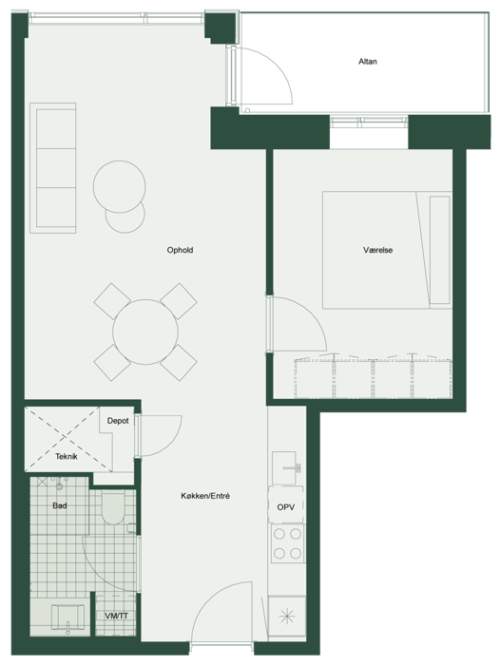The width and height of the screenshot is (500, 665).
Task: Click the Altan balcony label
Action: coord(368,62)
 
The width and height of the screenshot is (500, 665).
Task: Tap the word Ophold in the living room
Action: coord(180,250)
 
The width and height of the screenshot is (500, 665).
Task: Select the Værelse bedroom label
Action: coord(377,250)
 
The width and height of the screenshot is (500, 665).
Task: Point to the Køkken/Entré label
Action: coord(205,496)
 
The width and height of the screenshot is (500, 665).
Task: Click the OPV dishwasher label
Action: coord(286,507)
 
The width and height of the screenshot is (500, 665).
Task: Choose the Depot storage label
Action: coord(118,421)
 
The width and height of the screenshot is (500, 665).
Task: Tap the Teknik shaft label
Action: coord(67,457)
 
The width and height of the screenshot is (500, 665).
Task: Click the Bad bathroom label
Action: coord(60,505)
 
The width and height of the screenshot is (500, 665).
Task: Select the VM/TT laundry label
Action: coord(116,616)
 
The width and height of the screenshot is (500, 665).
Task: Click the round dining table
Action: coord(145,332)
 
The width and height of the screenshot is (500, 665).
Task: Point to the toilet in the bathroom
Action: coord(113,507)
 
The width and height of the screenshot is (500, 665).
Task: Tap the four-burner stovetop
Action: coord(287,543)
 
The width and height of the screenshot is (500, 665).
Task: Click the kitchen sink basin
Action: coord(284,467)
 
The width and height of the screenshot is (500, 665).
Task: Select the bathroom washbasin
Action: coord(67,617)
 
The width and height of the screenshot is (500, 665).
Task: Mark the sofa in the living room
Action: coord(53,168)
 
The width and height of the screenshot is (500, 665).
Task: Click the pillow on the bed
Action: coord(440,250)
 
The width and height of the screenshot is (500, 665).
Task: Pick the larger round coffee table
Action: coord(119,186)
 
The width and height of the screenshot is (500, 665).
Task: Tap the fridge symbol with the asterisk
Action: coord(287,616)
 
